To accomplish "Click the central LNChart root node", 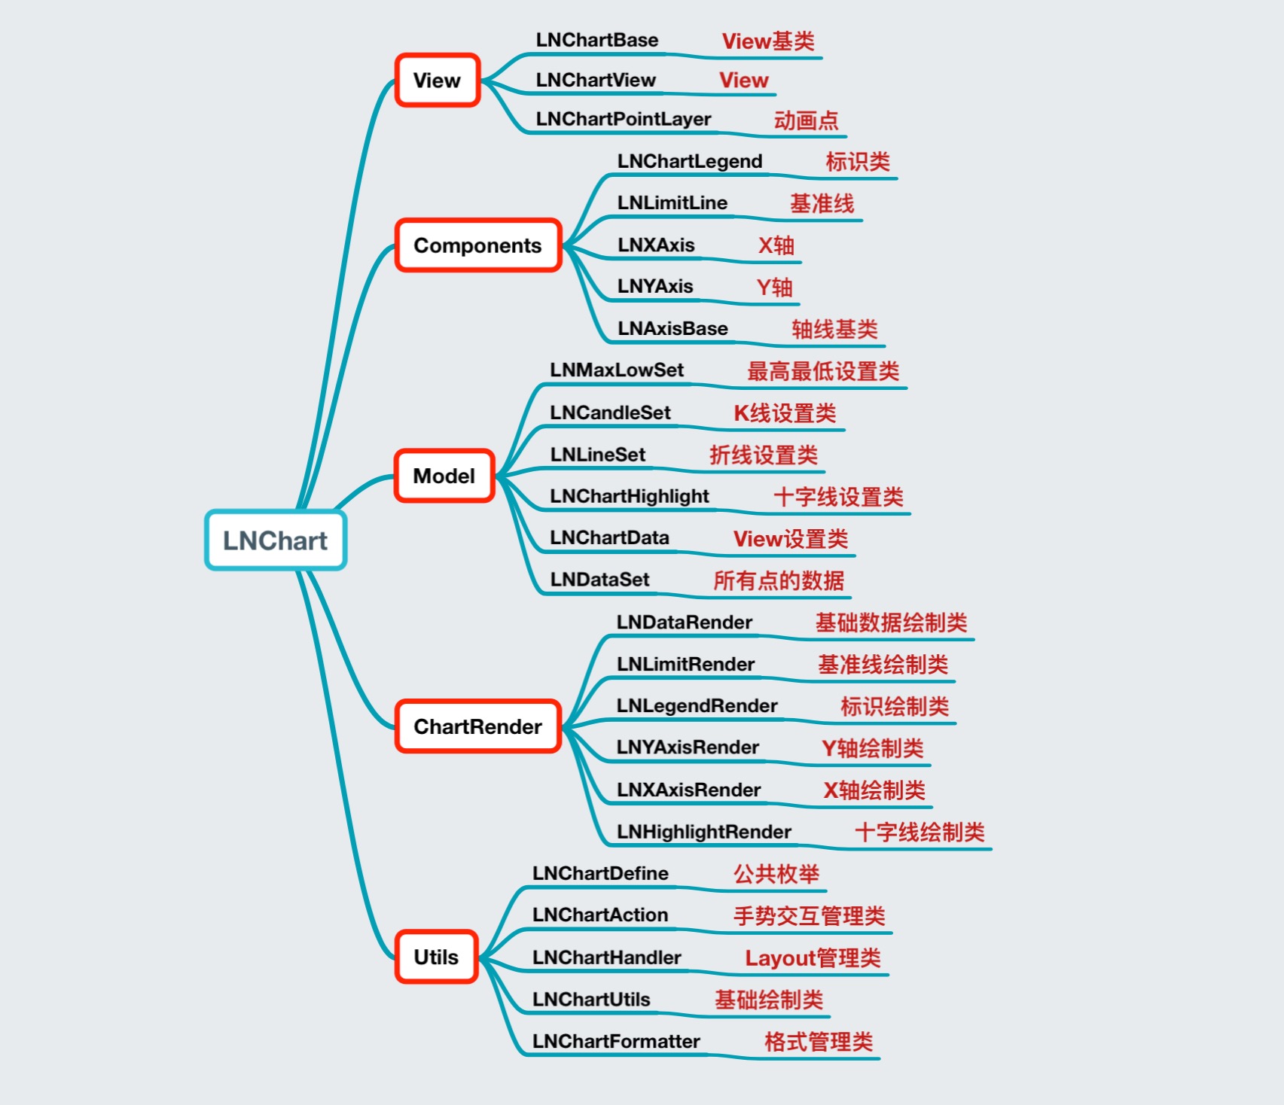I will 276,540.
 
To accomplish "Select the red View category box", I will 438,81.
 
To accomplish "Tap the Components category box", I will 478,245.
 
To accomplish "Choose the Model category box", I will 444,476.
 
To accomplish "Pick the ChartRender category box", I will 478,726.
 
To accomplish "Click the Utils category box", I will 437,957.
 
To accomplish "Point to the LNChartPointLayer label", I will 624,119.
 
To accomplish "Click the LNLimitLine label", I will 672,202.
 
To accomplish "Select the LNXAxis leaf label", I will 656,245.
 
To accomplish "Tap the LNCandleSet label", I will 610,412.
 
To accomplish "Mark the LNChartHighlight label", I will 630,496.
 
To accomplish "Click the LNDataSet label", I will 599,579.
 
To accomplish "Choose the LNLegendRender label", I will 697,705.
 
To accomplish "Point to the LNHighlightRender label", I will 703,832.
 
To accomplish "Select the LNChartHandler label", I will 606,957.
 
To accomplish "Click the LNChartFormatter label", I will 616,1041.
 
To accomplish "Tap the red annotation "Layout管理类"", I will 813,958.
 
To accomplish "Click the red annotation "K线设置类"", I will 785,413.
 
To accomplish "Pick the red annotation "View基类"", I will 768,41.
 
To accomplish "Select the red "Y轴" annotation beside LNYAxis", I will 774,287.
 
